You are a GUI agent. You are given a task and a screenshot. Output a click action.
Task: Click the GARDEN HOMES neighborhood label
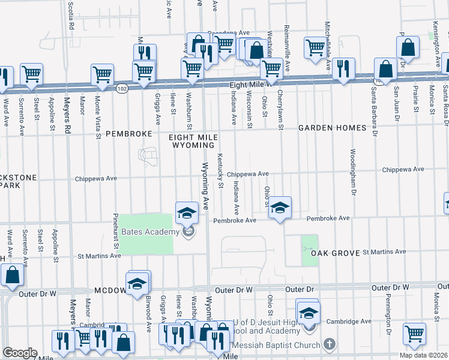pyautogui.click(x=333, y=128)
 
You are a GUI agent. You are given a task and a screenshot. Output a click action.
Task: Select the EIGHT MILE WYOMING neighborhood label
pyautogui.click(x=194, y=141)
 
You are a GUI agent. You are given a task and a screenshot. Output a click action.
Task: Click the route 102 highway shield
pyautogui.click(x=122, y=88)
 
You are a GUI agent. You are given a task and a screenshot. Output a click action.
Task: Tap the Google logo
pyautogui.click(x=20, y=353)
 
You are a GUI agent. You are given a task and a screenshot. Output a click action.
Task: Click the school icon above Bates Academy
pyautogui.click(x=187, y=212)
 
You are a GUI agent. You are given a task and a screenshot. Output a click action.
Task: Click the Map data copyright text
pyautogui.click(x=423, y=355)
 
